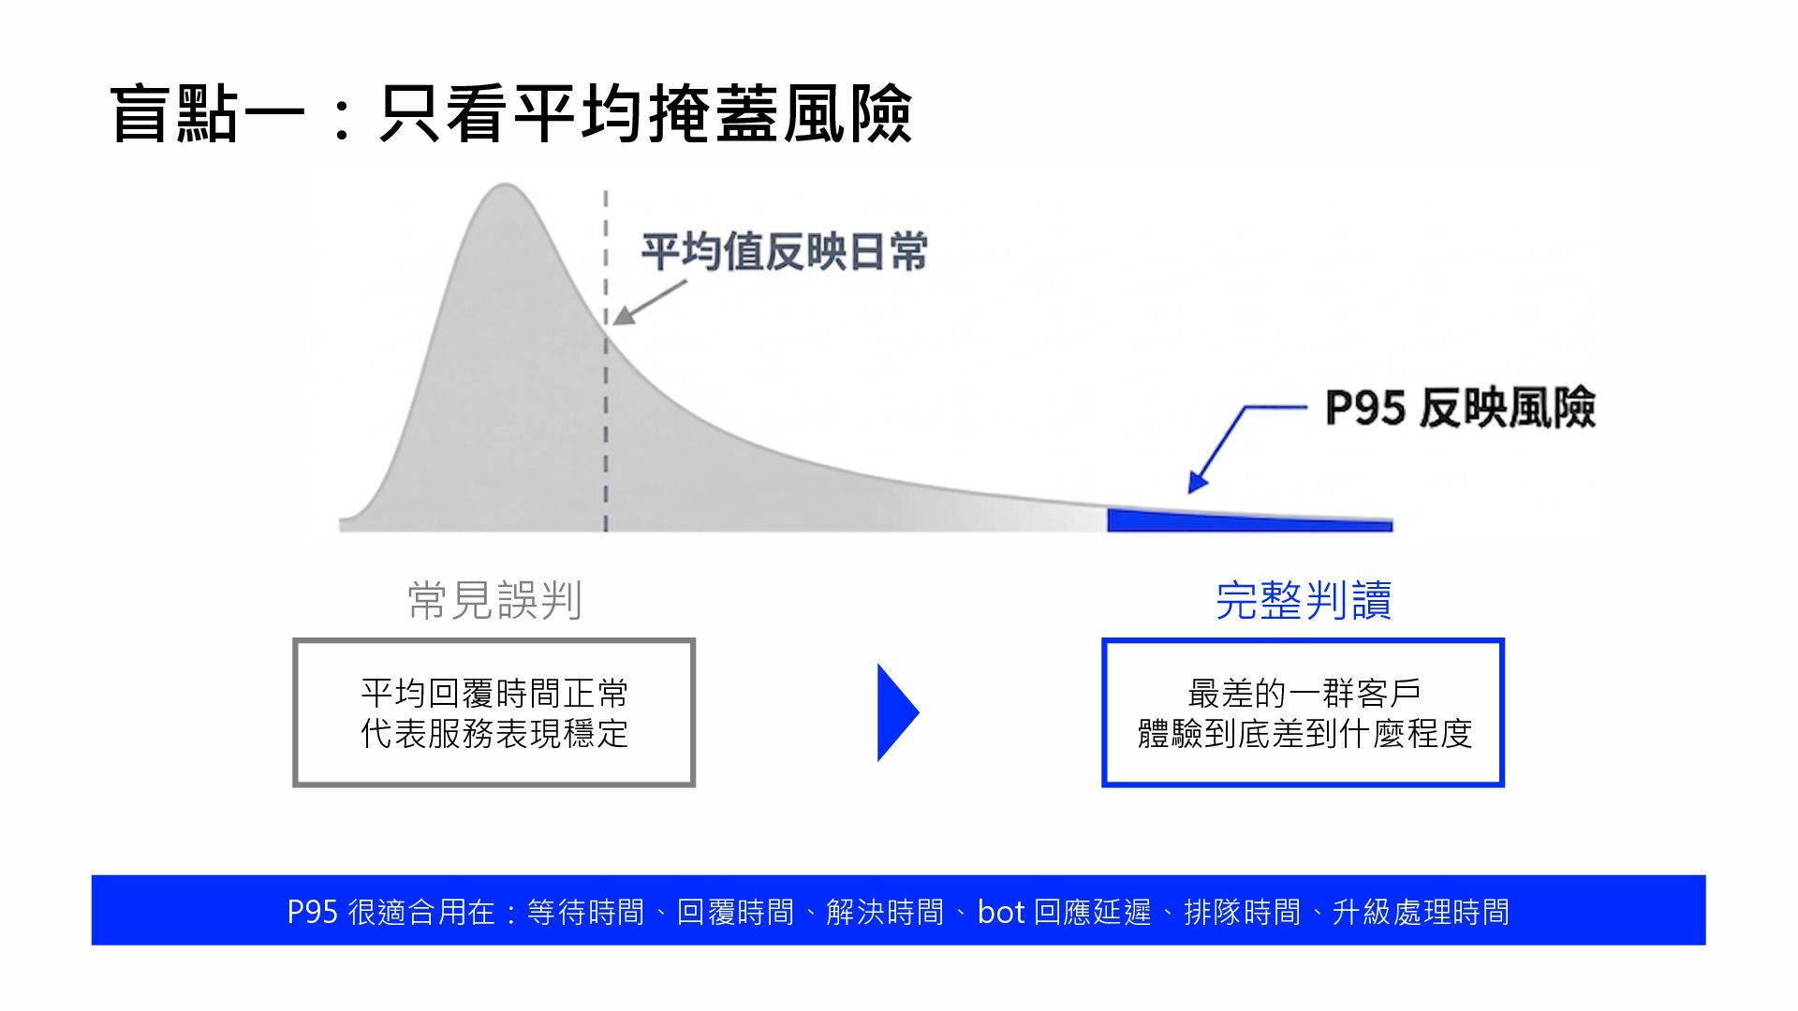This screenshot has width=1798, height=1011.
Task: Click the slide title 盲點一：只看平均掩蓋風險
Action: (511, 114)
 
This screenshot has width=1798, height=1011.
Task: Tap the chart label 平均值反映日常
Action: (784, 252)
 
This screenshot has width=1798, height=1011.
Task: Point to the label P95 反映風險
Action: (1459, 408)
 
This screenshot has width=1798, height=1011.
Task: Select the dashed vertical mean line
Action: (606, 421)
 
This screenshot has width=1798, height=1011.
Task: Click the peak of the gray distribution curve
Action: (504, 187)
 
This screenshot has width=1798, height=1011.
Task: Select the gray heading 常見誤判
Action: (494, 600)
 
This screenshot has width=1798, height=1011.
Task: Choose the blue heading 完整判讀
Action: (1303, 600)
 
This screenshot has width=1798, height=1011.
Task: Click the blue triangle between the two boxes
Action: (896, 712)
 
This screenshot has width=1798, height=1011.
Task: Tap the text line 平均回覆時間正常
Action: (494, 694)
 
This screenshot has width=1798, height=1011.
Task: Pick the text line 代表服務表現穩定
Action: (494, 734)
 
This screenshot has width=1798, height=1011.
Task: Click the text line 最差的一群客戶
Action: (1304, 694)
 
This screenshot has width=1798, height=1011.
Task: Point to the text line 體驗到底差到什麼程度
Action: (1304, 734)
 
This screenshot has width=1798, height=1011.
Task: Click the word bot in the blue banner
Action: (1001, 912)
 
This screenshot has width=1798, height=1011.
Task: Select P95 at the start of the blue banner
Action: (312, 912)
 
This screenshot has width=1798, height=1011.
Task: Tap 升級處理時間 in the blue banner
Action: (1421, 912)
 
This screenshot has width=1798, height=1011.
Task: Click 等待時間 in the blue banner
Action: (585, 912)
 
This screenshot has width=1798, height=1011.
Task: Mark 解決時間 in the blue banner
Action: (885, 912)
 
